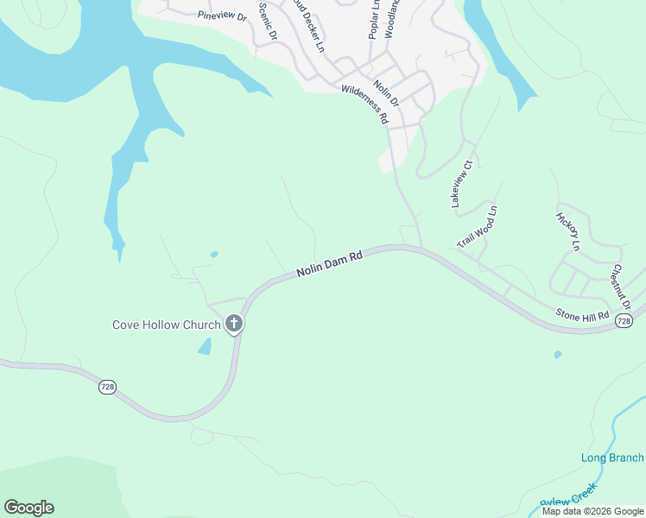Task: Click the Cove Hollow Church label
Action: pos(166,325)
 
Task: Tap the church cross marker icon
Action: pos(233,325)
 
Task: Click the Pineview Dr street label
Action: pos(222,16)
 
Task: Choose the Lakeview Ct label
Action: pos(462,183)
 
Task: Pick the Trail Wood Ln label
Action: pos(478,227)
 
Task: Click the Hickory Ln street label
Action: pos(567,231)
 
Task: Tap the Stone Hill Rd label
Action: pos(582,316)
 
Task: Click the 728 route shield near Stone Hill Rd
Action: pos(624,321)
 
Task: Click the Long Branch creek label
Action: pos(612,458)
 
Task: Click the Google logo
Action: pos(28,508)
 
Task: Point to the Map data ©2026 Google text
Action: pos(592,511)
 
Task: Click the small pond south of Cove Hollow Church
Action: pos(205,346)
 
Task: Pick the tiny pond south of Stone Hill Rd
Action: pos(557,354)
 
